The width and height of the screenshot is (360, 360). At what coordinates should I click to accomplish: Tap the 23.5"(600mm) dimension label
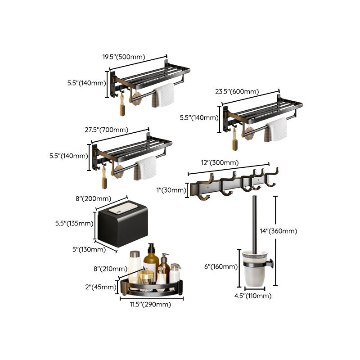point(237,91)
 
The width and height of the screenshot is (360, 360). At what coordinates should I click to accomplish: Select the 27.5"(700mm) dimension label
point(106,130)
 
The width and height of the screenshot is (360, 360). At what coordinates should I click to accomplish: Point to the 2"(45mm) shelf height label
point(103,286)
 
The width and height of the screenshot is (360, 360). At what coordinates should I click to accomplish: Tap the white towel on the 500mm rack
point(164,94)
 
